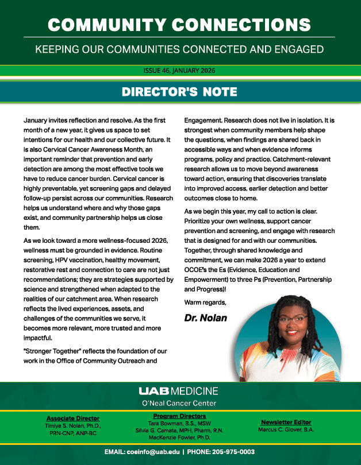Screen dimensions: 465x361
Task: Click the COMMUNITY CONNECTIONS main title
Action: pyautogui.click(x=180, y=24)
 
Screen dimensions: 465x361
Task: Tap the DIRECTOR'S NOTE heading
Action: pyautogui.click(x=180, y=92)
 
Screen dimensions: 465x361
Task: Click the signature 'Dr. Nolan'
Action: pyautogui.click(x=206, y=317)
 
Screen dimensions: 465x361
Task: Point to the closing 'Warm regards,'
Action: pyautogui.click(x=205, y=302)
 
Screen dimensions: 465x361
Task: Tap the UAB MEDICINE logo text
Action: pyautogui.click(x=178, y=391)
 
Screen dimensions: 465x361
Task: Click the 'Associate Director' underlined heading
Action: pyautogui.click(x=73, y=418)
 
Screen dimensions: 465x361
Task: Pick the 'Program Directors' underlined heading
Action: pyautogui.click(x=180, y=416)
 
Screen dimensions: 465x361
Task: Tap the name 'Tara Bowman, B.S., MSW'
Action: pyautogui.click(x=180, y=423)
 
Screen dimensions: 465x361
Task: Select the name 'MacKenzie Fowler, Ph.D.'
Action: pyautogui.click(x=180, y=437)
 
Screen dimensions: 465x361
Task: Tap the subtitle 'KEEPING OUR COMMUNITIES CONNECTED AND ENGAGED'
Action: pyautogui.click(x=180, y=49)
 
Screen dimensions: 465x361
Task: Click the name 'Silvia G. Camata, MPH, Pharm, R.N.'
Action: pyautogui.click(x=180, y=430)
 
